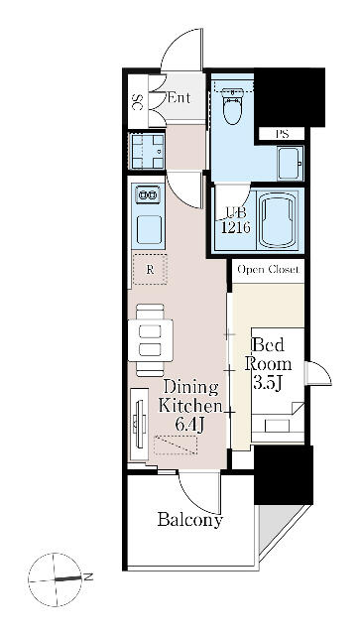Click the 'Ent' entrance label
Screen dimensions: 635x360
179,97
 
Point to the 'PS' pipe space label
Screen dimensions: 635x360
281,134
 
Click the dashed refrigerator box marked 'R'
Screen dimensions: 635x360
149,269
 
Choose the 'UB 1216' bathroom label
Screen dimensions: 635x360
236,218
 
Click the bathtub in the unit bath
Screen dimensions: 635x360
279,220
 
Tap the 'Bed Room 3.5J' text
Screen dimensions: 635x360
270,363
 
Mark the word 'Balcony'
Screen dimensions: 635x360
189,520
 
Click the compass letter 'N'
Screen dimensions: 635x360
88,576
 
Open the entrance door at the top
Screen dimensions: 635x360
184,56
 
